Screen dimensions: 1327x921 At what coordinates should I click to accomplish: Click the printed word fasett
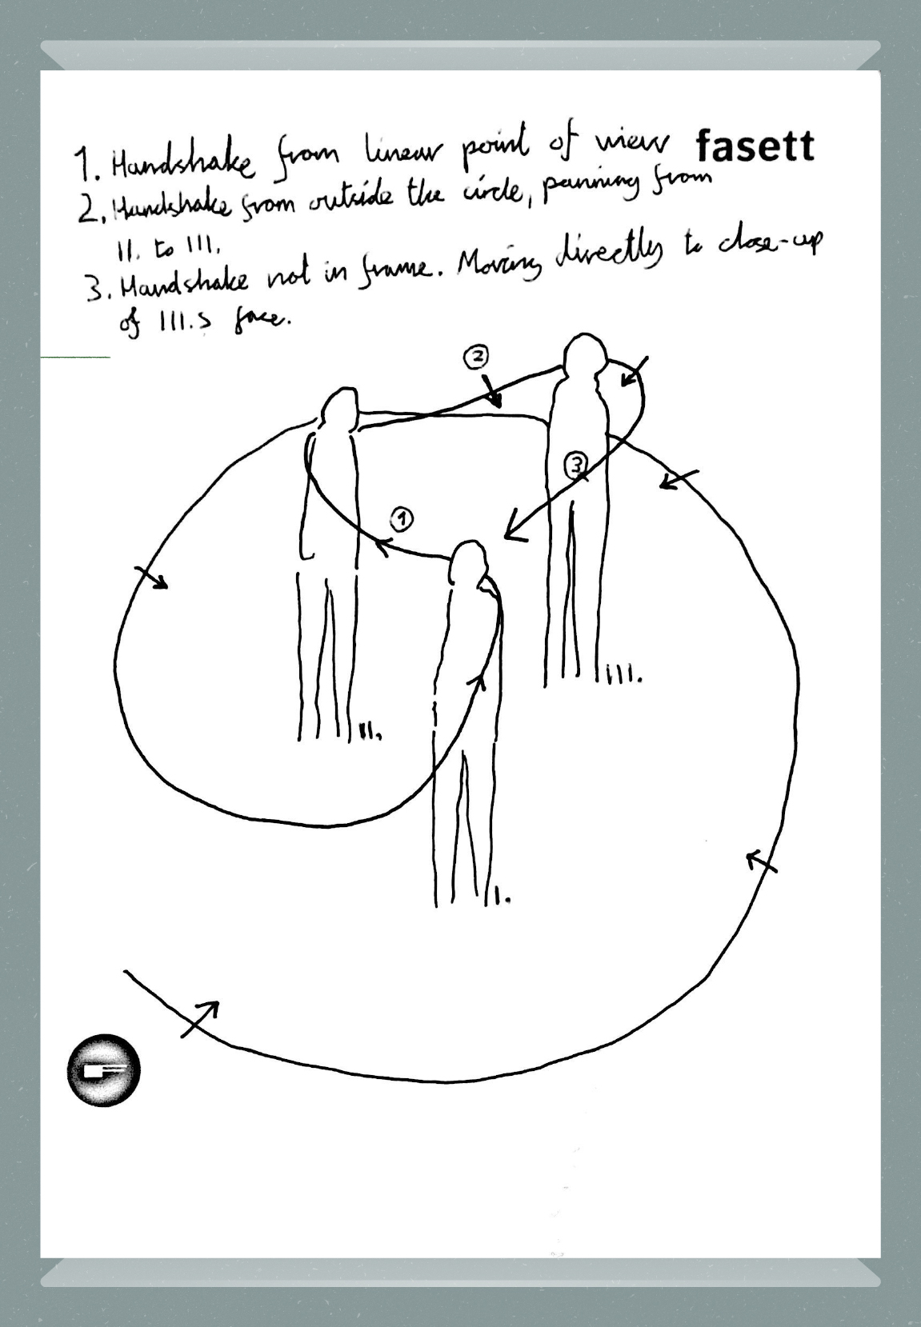point(755,147)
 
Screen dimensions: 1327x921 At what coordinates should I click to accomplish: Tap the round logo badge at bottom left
point(103,1070)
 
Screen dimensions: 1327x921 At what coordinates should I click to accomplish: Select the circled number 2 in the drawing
point(475,357)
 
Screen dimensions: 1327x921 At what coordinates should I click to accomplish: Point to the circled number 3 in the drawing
point(576,464)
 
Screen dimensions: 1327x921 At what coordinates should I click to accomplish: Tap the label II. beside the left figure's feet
point(369,730)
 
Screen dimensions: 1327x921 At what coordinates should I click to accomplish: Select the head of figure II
point(340,409)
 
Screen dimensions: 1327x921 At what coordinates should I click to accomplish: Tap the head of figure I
point(467,562)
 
